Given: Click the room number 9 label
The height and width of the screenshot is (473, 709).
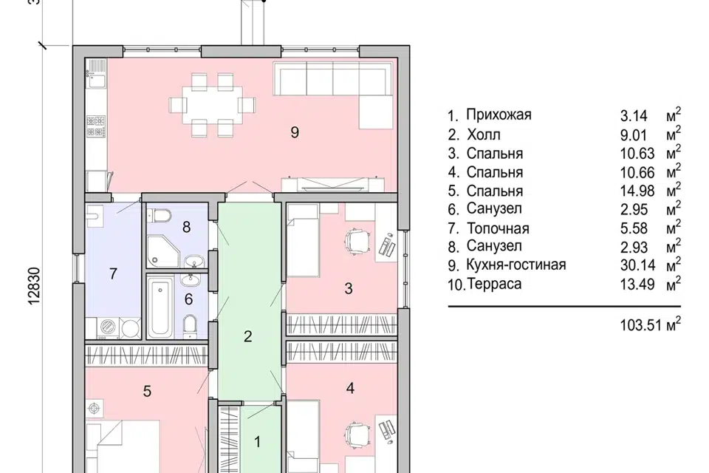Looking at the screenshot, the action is pos(295,132).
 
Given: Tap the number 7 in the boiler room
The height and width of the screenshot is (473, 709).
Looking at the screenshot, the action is pos(113,273).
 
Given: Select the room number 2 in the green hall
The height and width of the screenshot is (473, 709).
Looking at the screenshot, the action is pos(248,336).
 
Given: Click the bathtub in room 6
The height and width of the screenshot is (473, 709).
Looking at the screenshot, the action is pos(161,307).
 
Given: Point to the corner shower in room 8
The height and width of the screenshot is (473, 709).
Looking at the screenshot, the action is pos(162,251).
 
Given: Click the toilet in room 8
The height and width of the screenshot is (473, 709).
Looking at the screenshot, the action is pos(160,215).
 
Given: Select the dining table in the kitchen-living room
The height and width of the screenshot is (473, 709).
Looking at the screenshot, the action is pos(212,104).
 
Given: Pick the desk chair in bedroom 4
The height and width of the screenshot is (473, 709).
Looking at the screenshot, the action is pos(356,432).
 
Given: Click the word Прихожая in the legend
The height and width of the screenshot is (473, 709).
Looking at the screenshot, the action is pos(499,115).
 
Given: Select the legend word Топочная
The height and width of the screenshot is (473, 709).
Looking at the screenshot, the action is pos(498,228).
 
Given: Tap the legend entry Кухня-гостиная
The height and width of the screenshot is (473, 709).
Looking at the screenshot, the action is pos(516,265).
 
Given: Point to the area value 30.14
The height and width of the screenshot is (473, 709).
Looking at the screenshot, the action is pos(637,265).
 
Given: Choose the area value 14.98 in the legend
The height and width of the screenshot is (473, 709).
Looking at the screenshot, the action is pos(637,191).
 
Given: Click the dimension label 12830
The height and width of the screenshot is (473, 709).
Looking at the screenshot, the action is pos(35,285).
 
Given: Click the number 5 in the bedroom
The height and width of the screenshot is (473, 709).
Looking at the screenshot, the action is pos(147,391).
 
